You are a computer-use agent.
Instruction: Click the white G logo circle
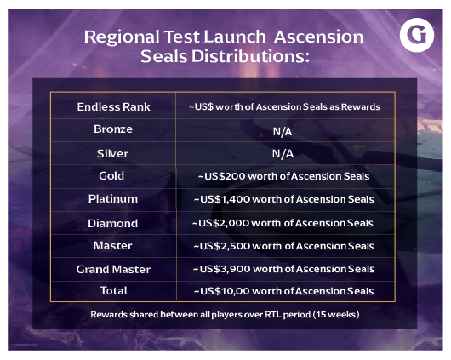point(417,35)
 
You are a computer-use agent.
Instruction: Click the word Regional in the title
point(122,37)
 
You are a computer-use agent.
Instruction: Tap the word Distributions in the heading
point(250,56)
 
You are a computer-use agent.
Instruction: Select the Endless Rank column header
point(113,106)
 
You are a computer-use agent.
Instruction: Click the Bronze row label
point(113,129)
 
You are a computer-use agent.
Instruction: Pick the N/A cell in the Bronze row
point(283,132)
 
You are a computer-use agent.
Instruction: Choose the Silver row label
point(112,153)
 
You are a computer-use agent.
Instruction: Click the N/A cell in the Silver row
point(283,154)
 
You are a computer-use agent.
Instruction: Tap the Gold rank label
point(111,176)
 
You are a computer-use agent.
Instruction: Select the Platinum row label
point(113,199)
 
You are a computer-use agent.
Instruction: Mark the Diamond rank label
point(112,223)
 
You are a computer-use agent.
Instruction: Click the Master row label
point(112,245)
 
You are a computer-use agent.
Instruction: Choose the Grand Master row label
point(113,269)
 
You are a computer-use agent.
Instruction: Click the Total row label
point(114,291)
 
